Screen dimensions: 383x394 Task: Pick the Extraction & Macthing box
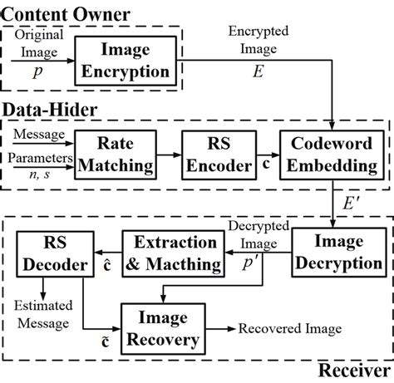point(173,252)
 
